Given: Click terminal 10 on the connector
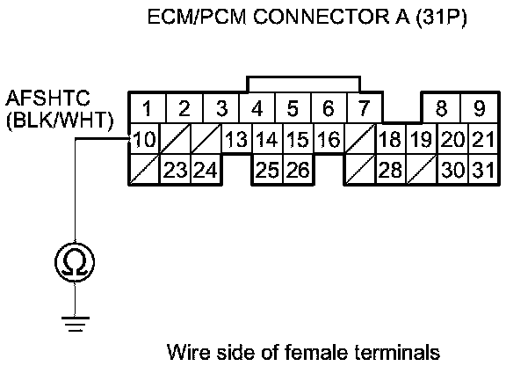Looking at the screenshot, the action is tap(144, 139).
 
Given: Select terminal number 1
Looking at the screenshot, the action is tap(148, 108).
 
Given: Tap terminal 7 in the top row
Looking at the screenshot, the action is tap(364, 108).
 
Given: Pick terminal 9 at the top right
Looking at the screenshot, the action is tap(480, 108).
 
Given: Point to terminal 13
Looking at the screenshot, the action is tap(236, 139).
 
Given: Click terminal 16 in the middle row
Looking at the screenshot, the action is tap(329, 139).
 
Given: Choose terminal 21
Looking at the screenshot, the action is tap(483, 139).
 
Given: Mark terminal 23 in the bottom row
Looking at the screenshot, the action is tap(175, 170).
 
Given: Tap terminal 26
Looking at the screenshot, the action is tap(298, 170).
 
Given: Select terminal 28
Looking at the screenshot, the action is tap(391, 170).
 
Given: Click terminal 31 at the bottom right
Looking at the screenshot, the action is tap(483, 170).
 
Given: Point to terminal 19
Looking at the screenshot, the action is tap(422, 139).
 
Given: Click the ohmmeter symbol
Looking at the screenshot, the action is tap(75, 262).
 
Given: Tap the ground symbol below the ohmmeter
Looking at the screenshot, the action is tap(76, 324).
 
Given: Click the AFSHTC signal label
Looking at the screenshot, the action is tap(47, 98).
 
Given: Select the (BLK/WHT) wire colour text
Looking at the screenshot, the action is tap(60, 121).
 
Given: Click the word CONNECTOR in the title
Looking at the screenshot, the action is tap(322, 17).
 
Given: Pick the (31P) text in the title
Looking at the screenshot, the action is tap(441, 17).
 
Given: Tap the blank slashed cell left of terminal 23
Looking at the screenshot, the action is tap(144, 170).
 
